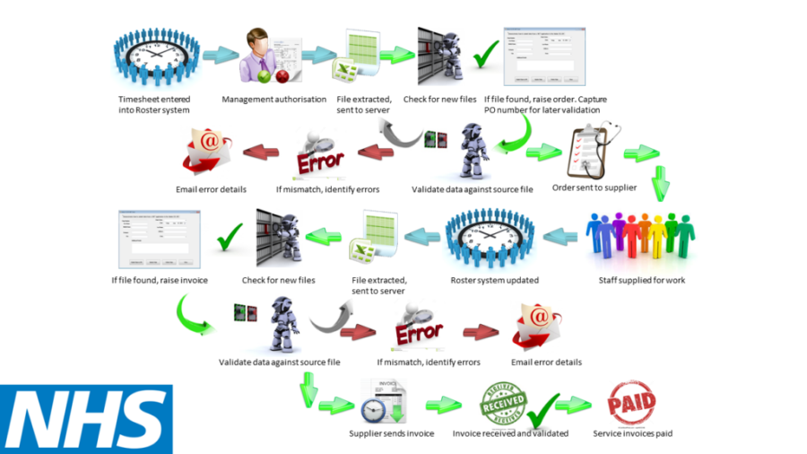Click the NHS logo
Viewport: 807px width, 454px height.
[86, 419]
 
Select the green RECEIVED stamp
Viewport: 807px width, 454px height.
[503, 404]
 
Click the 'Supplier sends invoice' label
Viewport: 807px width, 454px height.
[391, 433]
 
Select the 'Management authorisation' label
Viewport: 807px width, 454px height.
[274, 99]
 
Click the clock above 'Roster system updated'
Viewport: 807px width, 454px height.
[485, 238]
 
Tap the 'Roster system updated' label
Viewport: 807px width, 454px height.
[494, 280]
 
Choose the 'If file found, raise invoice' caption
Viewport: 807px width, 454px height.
[160, 280]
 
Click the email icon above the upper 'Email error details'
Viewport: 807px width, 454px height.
[208, 150]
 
